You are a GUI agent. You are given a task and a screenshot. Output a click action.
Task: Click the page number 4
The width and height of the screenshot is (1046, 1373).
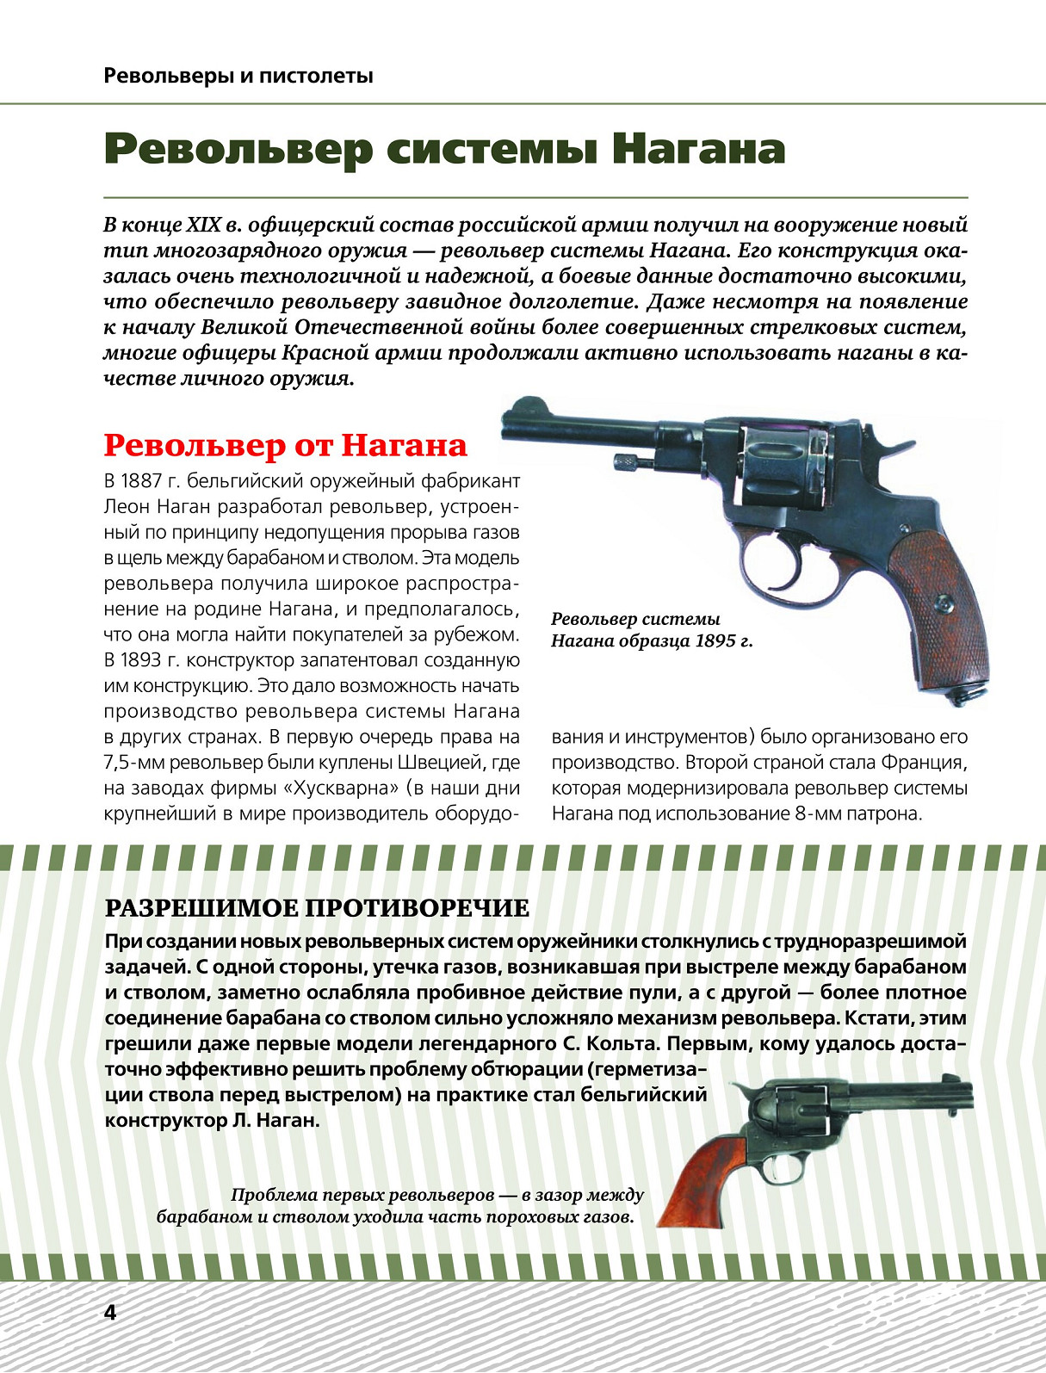(x=109, y=1312)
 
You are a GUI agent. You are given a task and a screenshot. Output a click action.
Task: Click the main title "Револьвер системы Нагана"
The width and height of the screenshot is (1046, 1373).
(x=444, y=149)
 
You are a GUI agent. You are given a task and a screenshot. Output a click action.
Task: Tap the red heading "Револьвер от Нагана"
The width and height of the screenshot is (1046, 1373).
(x=285, y=445)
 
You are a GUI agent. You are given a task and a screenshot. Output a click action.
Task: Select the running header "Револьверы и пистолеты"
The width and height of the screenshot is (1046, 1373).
(x=238, y=76)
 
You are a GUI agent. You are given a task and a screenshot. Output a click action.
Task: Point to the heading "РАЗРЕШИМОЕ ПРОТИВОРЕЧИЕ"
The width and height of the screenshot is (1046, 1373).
(x=316, y=908)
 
